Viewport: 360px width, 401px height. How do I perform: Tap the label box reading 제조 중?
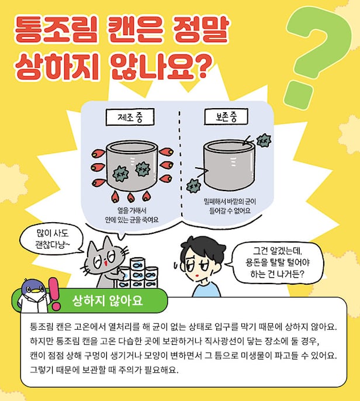click(130, 117)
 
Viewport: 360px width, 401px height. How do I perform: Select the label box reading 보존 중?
click(226, 117)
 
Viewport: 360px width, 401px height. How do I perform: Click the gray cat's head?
click(105, 258)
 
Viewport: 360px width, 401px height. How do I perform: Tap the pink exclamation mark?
click(54, 293)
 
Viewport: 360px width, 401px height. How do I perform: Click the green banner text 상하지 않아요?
click(107, 300)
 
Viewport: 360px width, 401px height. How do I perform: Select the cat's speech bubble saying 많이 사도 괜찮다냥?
click(52, 239)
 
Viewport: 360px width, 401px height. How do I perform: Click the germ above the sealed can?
click(264, 140)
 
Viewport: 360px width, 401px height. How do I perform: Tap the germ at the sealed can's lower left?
click(193, 186)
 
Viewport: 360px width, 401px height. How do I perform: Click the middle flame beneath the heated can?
click(130, 197)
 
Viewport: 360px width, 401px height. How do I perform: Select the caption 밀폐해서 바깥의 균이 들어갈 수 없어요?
click(230, 206)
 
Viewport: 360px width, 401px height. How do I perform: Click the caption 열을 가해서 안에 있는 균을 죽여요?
click(131, 215)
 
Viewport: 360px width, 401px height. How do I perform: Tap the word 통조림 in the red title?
click(56, 29)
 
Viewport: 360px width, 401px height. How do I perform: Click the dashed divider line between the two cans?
click(181, 164)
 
